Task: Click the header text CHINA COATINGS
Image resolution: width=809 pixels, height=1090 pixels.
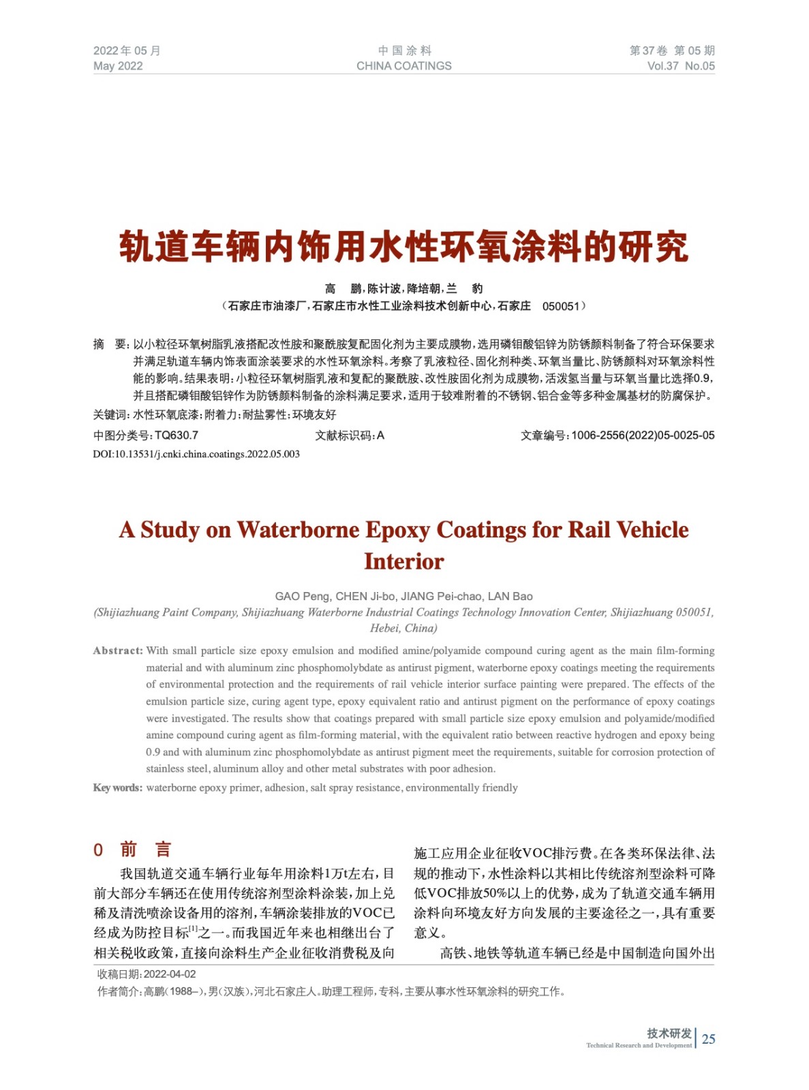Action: pos(403,66)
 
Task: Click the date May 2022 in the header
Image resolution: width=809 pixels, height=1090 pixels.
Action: pos(118,66)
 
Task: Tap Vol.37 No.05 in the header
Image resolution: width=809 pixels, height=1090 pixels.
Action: pos(681,66)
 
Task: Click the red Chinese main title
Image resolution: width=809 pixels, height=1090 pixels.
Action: pos(403,247)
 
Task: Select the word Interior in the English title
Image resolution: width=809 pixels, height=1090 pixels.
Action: pos(403,561)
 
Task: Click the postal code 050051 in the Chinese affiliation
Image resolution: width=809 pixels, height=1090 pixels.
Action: pos(560,307)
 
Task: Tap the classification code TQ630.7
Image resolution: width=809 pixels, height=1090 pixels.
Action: pos(177,435)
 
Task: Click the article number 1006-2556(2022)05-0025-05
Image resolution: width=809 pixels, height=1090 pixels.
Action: pos(643,435)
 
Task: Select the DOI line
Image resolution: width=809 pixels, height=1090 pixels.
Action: pos(196,454)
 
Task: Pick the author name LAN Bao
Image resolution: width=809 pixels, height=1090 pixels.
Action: pos(510,596)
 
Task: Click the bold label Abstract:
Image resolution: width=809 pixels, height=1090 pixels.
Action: pos(118,651)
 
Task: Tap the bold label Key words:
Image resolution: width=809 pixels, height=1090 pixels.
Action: pos(118,788)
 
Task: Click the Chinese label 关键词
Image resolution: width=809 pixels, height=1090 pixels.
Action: pos(110,415)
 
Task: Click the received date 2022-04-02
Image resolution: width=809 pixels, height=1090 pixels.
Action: pos(170,974)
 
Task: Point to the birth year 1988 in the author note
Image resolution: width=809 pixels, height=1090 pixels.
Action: pos(181,991)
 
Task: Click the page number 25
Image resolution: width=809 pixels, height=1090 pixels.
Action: pos(709,1039)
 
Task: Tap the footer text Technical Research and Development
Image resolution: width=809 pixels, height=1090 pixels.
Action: pos(639,1045)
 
